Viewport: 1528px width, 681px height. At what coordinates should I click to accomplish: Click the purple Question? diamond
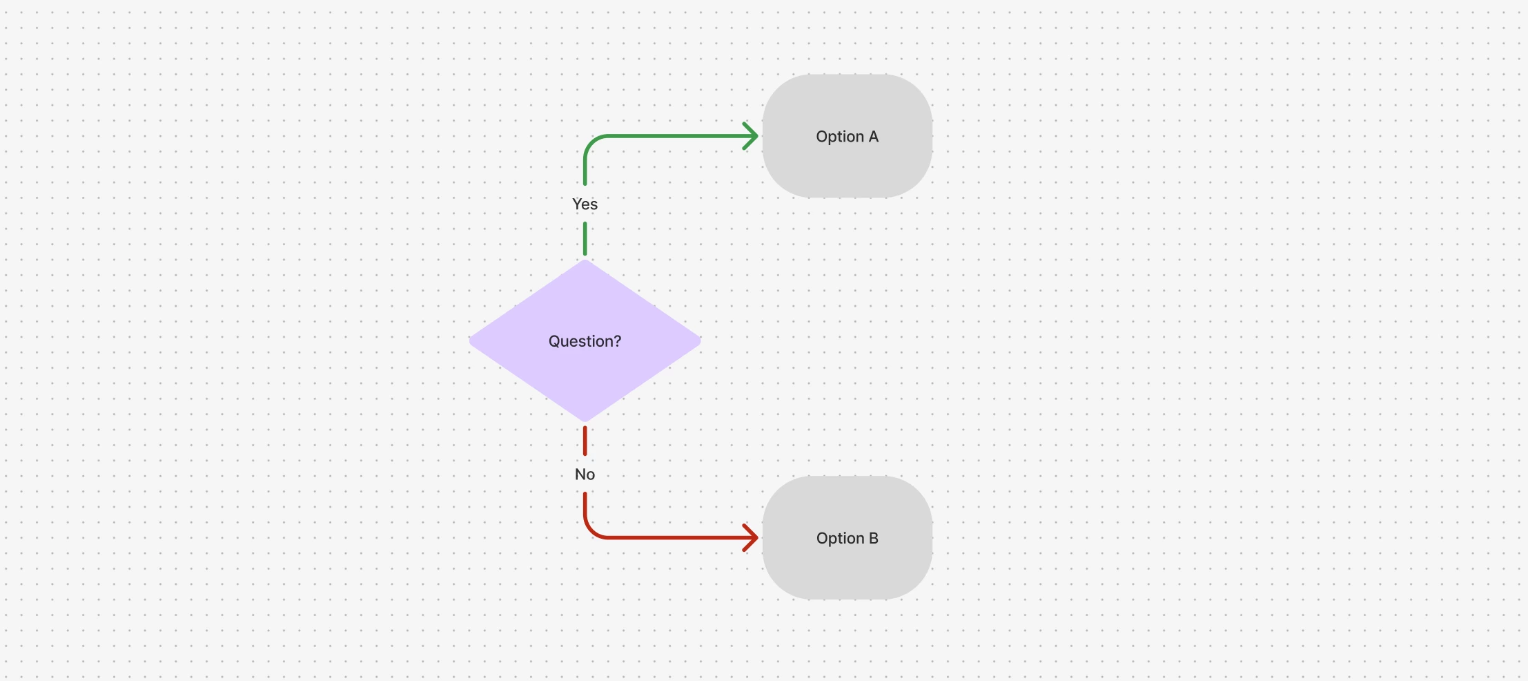point(585,340)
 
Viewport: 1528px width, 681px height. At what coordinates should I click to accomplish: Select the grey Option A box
point(848,136)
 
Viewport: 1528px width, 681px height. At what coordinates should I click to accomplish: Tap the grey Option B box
point(848,538)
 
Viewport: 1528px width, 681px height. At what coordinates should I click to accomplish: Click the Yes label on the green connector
point(585,204)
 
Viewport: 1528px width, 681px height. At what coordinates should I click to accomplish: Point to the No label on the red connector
point(585,474)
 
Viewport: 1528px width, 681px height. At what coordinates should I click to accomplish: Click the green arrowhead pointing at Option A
point(751,136)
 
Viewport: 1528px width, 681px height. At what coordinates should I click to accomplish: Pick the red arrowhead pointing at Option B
point(751,537)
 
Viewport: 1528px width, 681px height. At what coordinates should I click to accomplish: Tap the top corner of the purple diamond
point(585,260)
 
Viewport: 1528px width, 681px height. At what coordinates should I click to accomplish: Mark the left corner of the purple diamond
point(469,340)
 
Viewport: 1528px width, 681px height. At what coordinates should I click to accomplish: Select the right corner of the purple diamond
point(701,340)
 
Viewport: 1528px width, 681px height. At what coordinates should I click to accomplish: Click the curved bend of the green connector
point(591,142)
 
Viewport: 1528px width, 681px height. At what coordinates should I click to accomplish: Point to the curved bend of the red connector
point(591,531)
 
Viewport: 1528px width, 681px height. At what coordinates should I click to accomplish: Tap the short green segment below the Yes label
point(585,239)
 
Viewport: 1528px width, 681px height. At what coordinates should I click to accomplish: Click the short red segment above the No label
point(585,441)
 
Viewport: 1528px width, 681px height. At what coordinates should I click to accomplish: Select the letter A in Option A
point(874,136)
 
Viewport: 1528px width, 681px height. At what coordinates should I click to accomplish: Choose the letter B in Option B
point(874,538)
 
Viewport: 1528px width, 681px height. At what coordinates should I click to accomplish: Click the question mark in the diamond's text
point(617,340)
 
